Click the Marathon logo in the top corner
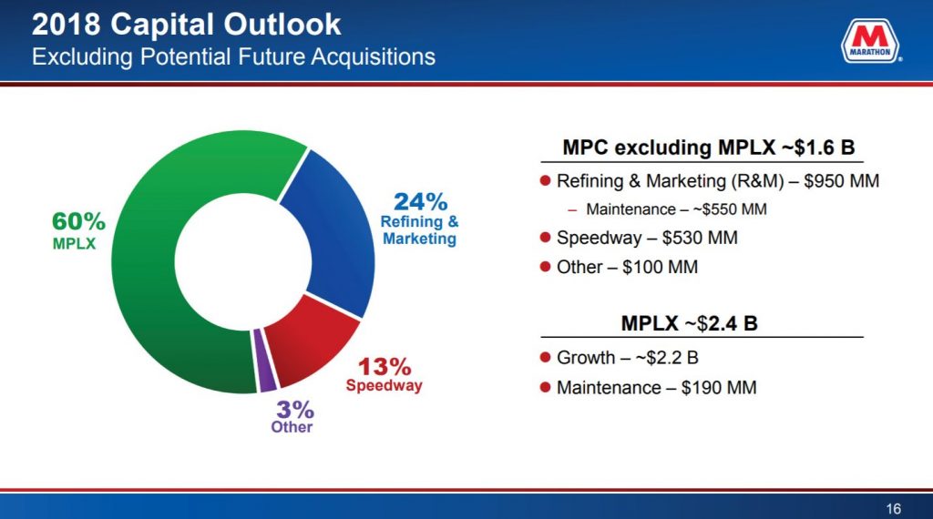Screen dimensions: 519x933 tap(870, 43)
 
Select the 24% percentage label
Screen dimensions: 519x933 tap(419, 201)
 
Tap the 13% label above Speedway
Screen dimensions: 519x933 tap(384, 367)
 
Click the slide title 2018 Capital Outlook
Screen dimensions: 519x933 tap(187, 25)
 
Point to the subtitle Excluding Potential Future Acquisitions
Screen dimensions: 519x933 tap(233, 56)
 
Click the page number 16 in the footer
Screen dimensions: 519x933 tap(893, 507)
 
